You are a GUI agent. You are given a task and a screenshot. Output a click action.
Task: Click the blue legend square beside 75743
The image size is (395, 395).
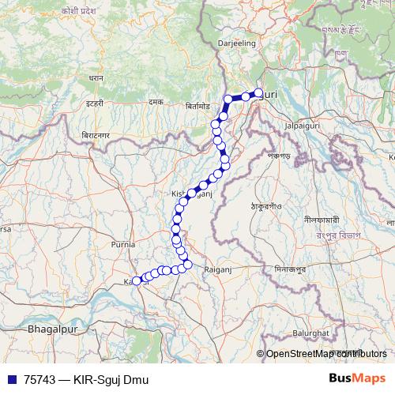[x=10, y=379]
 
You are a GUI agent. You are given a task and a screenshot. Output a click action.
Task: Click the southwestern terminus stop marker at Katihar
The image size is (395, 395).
[x=137, y=280]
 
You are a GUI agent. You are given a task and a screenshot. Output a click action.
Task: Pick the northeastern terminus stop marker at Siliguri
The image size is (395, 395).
[x=258, y=93]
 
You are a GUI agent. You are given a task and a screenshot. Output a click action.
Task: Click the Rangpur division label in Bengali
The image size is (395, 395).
[x=339, y=235]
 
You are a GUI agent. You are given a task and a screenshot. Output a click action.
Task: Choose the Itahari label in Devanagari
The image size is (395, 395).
[x=96, y=103]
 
